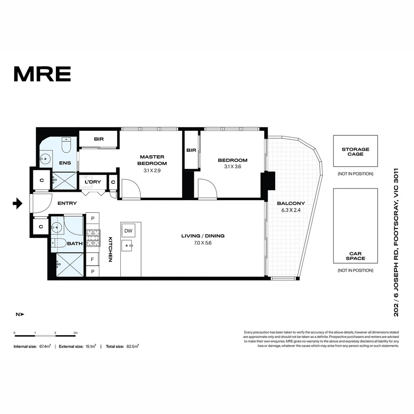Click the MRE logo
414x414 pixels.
pyautogui.click(x=42, y=74)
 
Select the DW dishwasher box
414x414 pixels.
pyautogui.click(x=128, y=231)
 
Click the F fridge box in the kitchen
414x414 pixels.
pyautogui.click(x=92, y=260)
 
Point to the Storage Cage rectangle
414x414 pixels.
pyautogui.click(x=355, y=151)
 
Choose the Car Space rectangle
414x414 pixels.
pyautogui.click(x=355, y=225)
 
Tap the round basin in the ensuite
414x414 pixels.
pyautogui.click(x=48, y=158)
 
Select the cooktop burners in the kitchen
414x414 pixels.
pyautogui.click(x=92, y=238)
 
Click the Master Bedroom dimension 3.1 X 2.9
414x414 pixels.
pyautogui.click(x=152, y=171)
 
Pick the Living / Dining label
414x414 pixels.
pyautogui.click(x=203, y=236)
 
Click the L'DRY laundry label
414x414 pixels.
pyautogui.click(x=93, y=182)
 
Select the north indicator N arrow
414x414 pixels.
pyautogui.click(x=20, y=314)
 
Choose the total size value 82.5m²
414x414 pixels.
pyautogui.click(x=132, y=346)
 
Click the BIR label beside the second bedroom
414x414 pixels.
pyautogui.click(x=191, y=150)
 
